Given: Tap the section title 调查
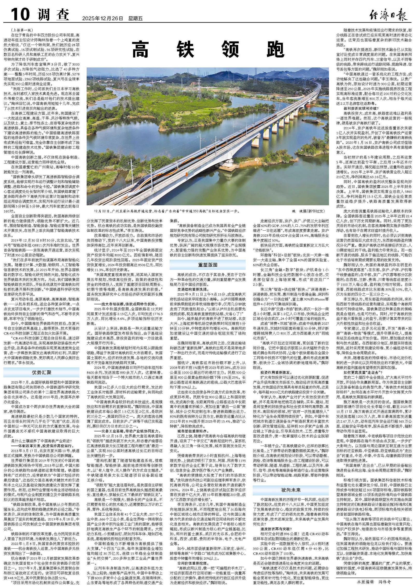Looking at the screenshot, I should (54, 15).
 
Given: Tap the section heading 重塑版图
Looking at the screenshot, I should (207, 265).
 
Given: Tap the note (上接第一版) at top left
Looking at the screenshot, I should (22, 30).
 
